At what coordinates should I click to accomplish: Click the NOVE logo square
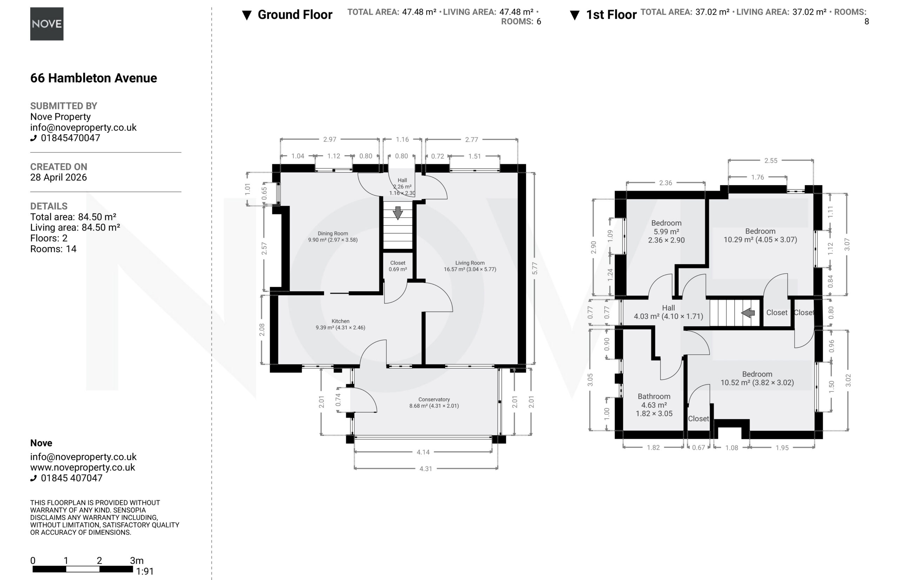[47, 24]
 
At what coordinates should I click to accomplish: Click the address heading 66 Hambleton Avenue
[94, 78]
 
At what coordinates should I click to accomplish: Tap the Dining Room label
[333, 233]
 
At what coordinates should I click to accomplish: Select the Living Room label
[470, 263]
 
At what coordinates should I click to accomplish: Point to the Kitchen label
[340, 321]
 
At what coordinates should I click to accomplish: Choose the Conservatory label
[434, 399]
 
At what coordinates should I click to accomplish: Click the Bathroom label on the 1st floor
[654, 396]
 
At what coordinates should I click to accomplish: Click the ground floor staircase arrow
[398, 213]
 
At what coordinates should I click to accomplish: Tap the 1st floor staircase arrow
[748, 313]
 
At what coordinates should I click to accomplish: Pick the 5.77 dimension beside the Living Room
[535, 268]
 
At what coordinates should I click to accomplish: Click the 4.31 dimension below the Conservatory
[425, 469]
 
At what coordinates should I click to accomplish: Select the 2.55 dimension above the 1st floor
[771, 161]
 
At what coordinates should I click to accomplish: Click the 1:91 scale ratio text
[145, 571]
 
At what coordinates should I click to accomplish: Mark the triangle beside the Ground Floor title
[247, 15]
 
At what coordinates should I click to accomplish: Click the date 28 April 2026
[59, 177]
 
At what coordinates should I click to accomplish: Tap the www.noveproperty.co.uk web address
[82, 468]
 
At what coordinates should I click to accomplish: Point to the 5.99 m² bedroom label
[666, 232]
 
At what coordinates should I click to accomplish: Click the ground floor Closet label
[398, 263]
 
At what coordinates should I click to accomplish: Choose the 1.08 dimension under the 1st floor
[732, 448]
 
